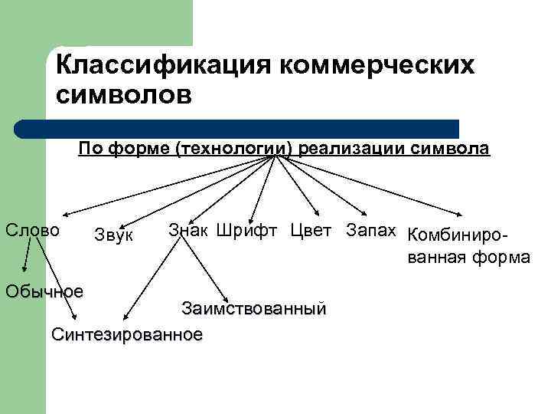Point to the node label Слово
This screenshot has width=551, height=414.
pyautogui.click(x=32, y=229)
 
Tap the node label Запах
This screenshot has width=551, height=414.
pyautogui.click(x=371, y=229)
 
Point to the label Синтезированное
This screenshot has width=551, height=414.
pyautogui.click(x=126, y=335)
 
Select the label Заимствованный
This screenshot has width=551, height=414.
pyautogui.click(x=253, y=309)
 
